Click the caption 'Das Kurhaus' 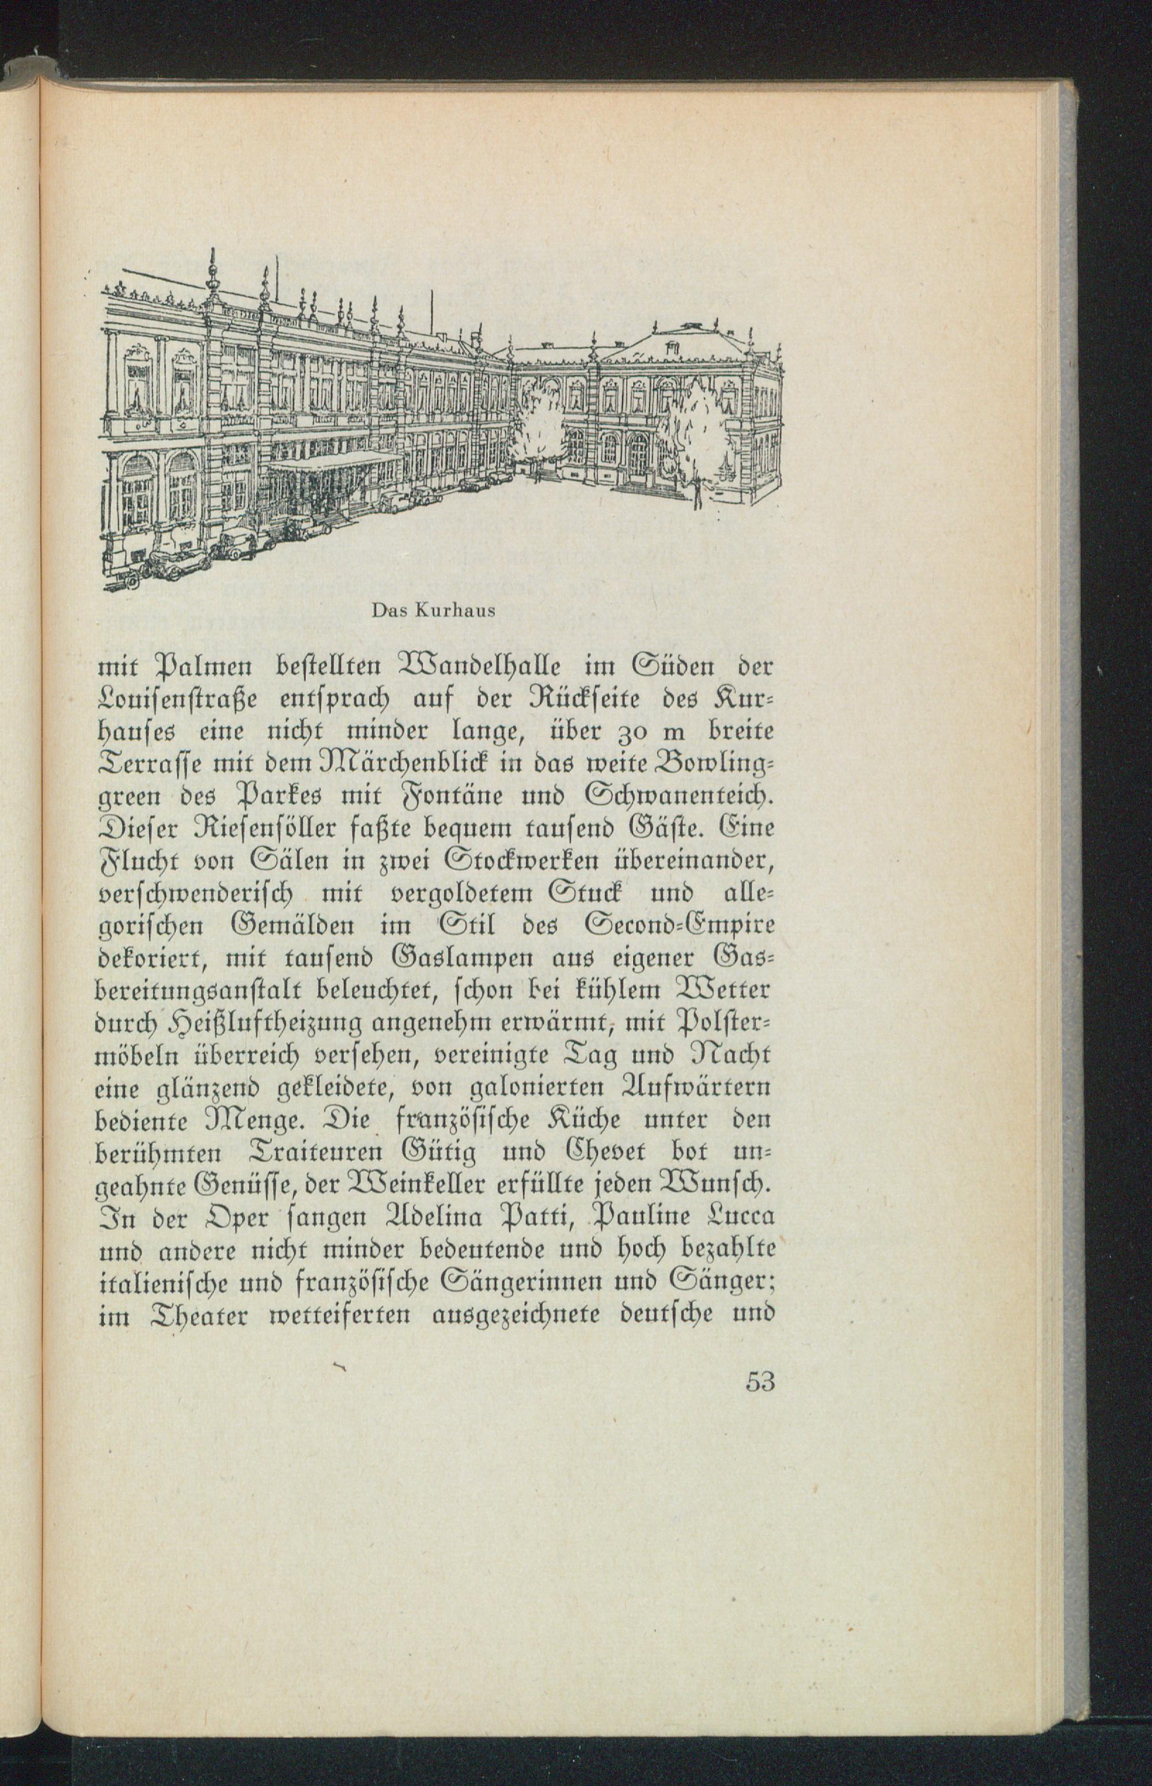[433, 610]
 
